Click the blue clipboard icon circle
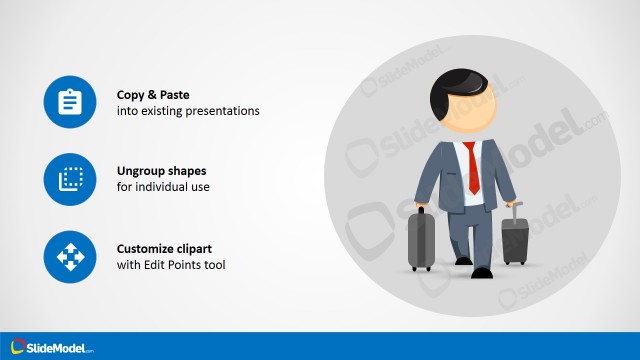coord(69,102)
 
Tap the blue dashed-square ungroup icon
coord(69,179)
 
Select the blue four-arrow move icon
coord(69,257)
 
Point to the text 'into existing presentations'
coord(188,111)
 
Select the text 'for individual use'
coord(163,188)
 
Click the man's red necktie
coord(472,167)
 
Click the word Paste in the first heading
coord(174,94)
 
